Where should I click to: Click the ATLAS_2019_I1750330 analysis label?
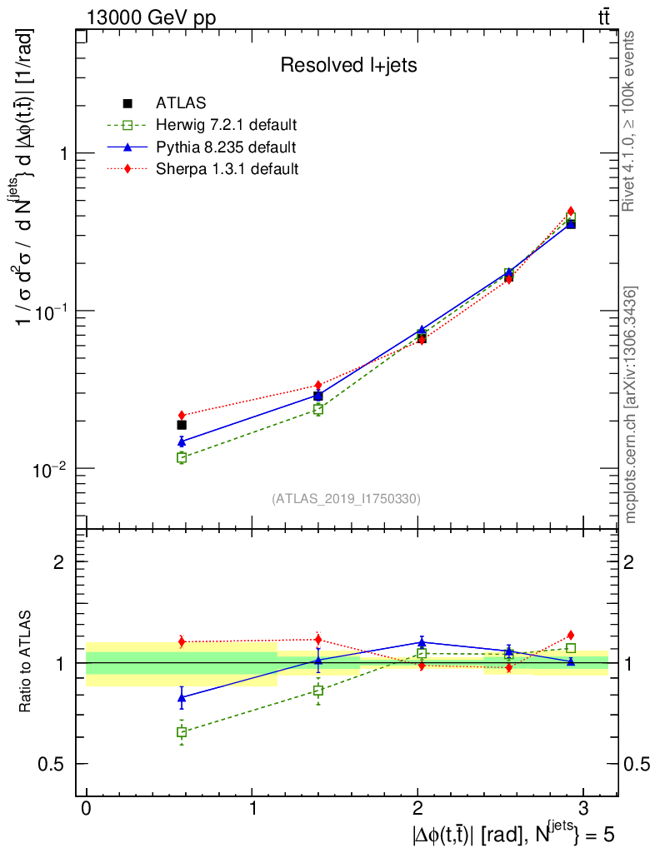(346, 499)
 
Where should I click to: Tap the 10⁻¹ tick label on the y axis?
(48, 310)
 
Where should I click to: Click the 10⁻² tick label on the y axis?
(48, 467)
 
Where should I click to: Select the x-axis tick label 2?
(417, 809)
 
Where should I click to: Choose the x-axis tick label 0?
(87, 809)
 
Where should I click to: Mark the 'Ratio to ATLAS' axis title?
(27, 662)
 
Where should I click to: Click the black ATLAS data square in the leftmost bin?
(182, 425)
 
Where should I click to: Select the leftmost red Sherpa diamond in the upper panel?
(182, 415)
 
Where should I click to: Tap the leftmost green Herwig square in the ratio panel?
(182, 732)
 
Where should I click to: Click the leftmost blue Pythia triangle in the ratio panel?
(182, 697)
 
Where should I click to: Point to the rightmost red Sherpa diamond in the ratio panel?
(571, 635)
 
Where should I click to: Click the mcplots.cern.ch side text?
(631, 405)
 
